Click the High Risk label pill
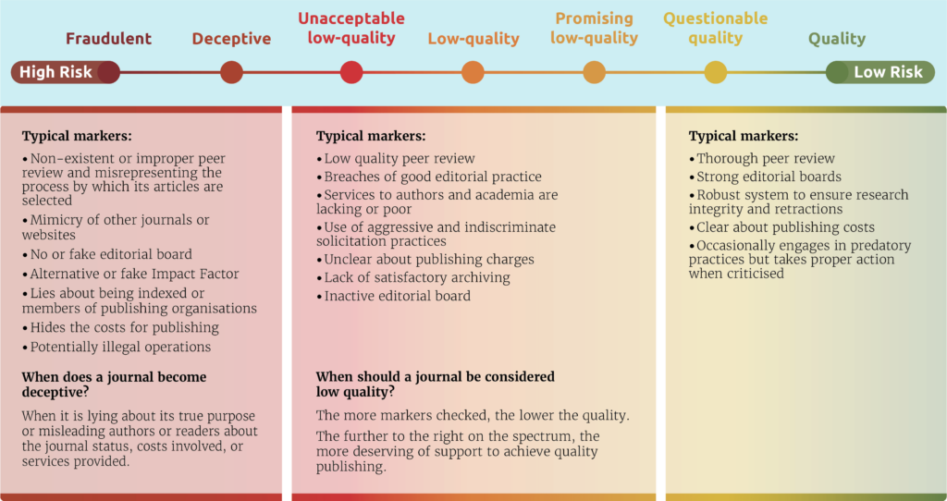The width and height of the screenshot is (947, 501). click(x=66, y=72)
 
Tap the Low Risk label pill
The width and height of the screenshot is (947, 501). click(x=880, y=72)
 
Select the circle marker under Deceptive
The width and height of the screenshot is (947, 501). click(x=231, y=72)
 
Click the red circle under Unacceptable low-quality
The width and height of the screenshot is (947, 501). click(x=351, y=72)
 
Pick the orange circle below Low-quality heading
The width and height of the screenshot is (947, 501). click(x=473, y=72)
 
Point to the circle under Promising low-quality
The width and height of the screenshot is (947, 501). click(x=595, y=72)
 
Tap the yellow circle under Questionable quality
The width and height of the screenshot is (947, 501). click(x=716, y=72)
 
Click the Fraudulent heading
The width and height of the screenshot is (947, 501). click(x=109, y=39)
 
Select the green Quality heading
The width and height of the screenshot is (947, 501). click(x=837, y=39)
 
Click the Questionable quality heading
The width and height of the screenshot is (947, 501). click(x=716, y=29)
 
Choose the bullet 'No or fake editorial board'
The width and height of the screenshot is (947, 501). click(x=107, y=254)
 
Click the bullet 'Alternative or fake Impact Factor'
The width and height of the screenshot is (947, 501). click(x=130, y=274)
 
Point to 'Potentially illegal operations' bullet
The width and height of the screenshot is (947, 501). click(x=117, y=347)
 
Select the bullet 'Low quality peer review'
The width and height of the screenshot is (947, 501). click(x=396, y=159)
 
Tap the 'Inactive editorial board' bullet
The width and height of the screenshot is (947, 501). click(x=393, y=297)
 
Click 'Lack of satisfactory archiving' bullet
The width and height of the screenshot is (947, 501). click(x=413, y=277)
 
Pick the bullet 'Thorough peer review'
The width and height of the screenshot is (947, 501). click(x=762, y=159)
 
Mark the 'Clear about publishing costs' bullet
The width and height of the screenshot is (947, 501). click(x=781, y=227)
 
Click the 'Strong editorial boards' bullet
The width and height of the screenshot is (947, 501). click(x=765, y=177)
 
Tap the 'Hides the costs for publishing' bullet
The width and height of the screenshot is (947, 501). click(x=120, y=328)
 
